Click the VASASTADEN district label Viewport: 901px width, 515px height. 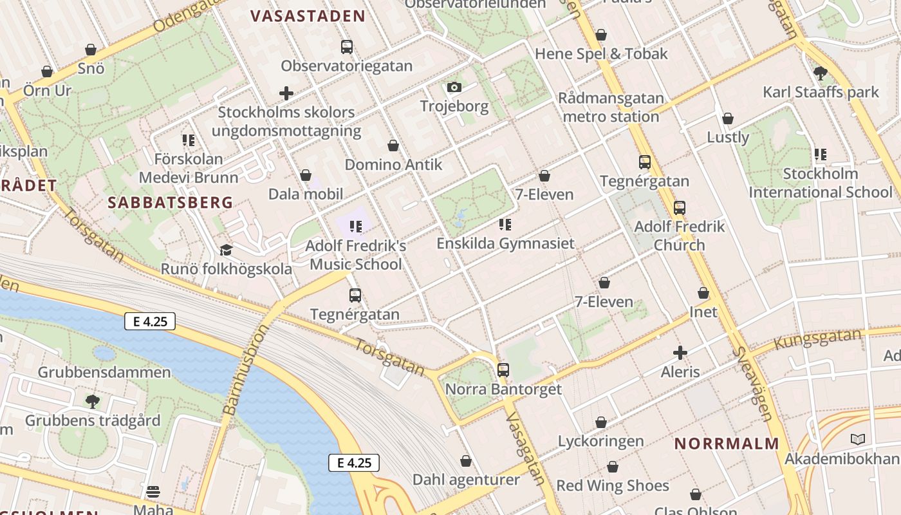point(308,16)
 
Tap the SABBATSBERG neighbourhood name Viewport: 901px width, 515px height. point(170,202)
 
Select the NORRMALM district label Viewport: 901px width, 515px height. point(727,443)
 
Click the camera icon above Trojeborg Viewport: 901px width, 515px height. point(454,87)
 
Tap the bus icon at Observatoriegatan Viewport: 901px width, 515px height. point(347,46)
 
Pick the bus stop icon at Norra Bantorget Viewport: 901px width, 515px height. point(503,370)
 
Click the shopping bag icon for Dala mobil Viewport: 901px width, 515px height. point(306,175)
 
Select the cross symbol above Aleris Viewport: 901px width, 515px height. point(680,353)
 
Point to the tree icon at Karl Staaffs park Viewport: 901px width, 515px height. point(820,73)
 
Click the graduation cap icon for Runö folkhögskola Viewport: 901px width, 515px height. point(226,250)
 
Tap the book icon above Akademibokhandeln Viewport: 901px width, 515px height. point(857,440)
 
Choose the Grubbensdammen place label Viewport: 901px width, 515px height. point(104,372)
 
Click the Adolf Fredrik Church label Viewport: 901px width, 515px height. point(679,236)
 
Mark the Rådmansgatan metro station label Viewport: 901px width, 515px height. point(611,108)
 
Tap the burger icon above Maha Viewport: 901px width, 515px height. point(153,492)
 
